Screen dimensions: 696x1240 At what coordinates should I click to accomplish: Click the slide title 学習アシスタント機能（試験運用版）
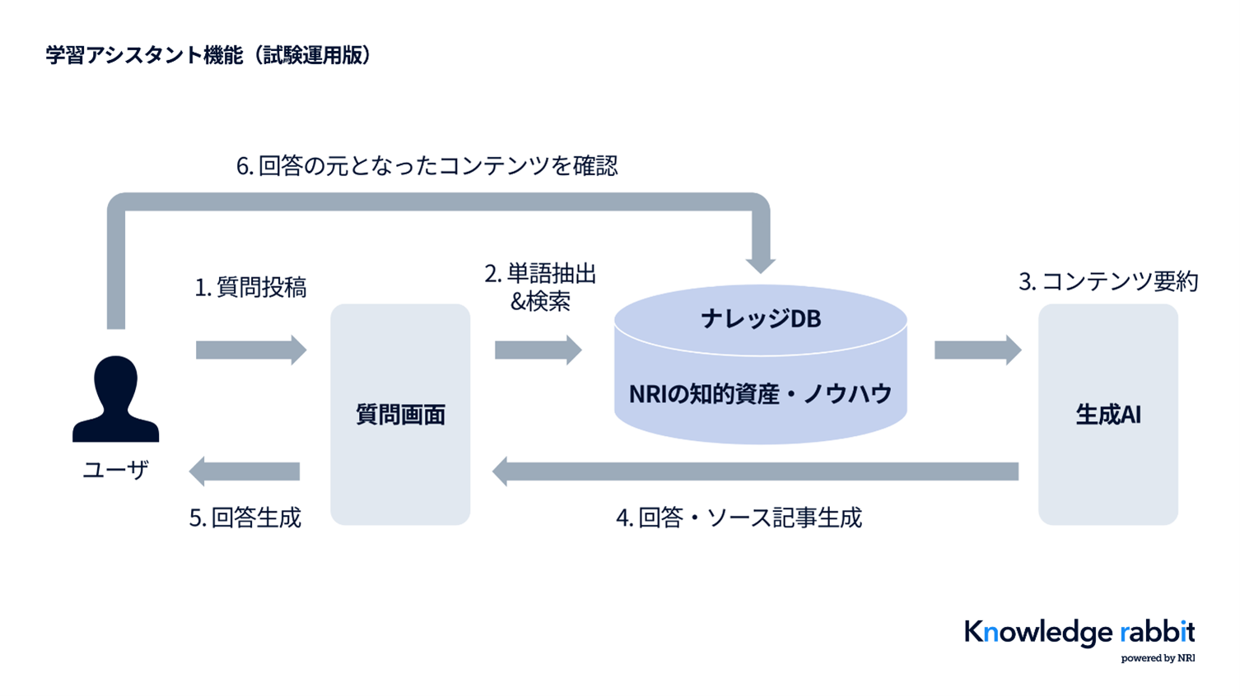tap(208, 55)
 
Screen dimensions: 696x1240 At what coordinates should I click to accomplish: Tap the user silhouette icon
tap(115, 399)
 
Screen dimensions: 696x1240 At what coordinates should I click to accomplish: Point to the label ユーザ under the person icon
tap(115, 470)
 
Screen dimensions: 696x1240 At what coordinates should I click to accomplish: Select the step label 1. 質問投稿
tap(250, 287)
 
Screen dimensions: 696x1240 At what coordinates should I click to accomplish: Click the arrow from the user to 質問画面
tap(250, 350)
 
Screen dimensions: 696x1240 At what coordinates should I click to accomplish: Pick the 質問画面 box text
tap(400, 415)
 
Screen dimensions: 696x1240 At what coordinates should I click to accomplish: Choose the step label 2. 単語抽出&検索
tap(540, 287)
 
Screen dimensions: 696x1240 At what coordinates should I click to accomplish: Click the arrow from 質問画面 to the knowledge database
tap(538, 350)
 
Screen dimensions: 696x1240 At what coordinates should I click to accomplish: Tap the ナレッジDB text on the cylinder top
tap(760, 318)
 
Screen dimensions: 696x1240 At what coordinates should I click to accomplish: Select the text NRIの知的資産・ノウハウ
tap(760, 394)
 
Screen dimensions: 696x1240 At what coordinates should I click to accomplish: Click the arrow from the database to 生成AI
tap(977, 350)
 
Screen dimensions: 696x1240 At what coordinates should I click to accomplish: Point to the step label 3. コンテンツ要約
tap(1108, 281)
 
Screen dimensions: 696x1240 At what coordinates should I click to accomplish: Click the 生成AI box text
tap(1108, 415)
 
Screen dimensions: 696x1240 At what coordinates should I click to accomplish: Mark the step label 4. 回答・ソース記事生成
tap(739, 517)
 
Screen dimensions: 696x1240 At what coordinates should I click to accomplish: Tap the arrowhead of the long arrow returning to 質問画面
tap(501, 471)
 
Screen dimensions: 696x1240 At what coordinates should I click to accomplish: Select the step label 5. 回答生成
tap(245, 517)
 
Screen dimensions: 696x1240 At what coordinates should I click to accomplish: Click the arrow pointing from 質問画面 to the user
tap(245, 471)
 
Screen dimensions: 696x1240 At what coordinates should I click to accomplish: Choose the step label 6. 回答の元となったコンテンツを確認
tap(427, 165)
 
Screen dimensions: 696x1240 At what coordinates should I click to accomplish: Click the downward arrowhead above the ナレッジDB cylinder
tap(760, 263)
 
